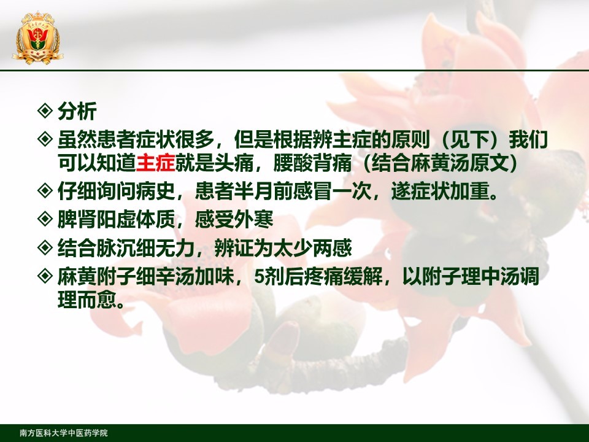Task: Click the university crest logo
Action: pos(37,37)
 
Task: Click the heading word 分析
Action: pos(77,111)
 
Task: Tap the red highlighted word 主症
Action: pos(155,163)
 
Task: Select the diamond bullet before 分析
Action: pos(45,111)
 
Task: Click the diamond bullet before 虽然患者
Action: pos(45,139)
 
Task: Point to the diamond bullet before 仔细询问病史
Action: pos(45,190)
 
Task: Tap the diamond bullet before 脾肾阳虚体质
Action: pos(45,219)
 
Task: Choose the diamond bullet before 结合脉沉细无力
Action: pos(45,247)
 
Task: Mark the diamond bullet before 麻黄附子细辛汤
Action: pos(45,276)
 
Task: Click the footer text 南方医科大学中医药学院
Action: pos(64,433)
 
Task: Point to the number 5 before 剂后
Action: pos(259,277)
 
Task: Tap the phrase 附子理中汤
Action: pos(471,277)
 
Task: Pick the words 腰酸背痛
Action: pos(312,163)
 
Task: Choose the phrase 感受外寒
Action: pos(234,220)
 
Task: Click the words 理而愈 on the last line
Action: pos(87,300)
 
